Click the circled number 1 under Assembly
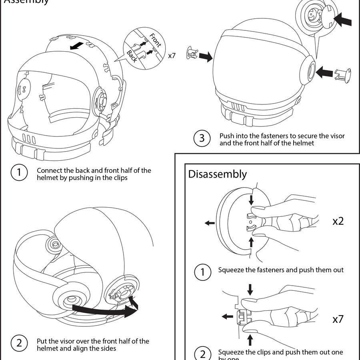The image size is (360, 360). pos(19,173)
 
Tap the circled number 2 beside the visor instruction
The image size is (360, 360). pos(19,343)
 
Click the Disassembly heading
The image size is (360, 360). pos(217,174)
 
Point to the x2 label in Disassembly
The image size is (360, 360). pos(338,221)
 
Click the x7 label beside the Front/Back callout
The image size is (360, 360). pos(172,56)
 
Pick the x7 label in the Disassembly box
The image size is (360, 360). pos(338,319)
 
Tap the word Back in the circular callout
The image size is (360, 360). pos(132,56)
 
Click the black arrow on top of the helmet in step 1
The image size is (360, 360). pos(77,44)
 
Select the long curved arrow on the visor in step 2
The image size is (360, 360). pos(104,309)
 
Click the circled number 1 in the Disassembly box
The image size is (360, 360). pos(202,272)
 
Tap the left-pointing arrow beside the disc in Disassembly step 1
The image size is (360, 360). pos(209,223)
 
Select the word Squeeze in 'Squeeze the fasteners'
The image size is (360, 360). pos(231,270)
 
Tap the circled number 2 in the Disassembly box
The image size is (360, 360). pos(202,354)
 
